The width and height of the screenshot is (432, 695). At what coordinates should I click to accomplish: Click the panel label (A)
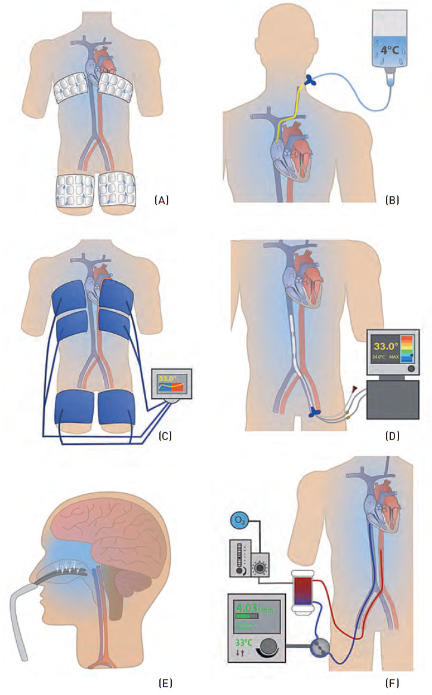[x=162, y=201]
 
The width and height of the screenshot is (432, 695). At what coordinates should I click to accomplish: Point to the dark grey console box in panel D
[x=393, y=399]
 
